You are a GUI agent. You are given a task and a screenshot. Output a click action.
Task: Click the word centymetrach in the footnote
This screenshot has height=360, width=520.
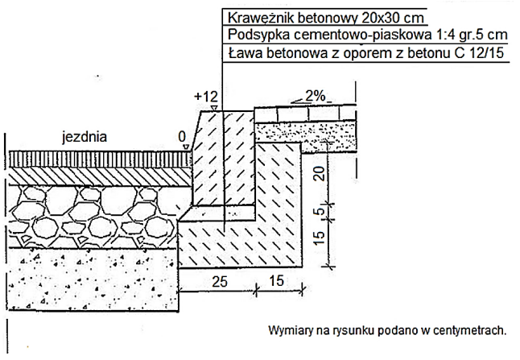468,330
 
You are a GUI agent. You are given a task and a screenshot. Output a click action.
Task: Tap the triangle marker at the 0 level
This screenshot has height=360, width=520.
186,147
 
